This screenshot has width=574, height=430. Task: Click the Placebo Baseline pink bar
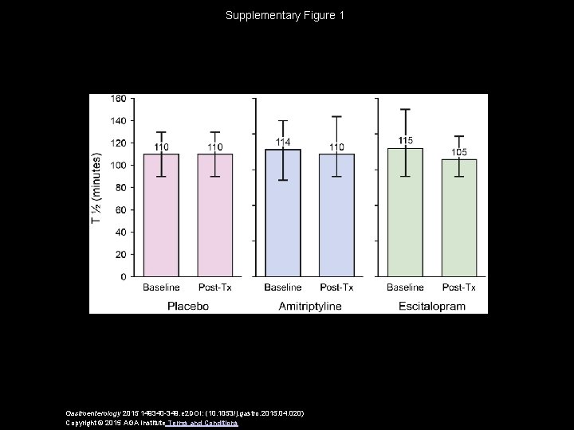tap(161, 215)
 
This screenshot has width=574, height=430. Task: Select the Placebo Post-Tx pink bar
tap(215, 215)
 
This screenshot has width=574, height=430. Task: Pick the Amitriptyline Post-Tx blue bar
tap(336, 215)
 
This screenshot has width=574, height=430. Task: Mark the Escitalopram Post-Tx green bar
tap(459, 218)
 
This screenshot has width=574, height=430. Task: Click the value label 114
tap(283, 142)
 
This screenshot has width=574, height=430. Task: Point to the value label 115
tap(406, 140)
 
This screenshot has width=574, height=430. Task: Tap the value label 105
tap(459, 152)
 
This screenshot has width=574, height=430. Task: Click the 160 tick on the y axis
tap(118, 99)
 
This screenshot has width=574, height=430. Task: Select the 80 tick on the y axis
tap(120, 188)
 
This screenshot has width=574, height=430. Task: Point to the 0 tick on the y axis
tap(123, 277)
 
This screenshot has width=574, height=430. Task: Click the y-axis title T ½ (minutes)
tap(97, 187)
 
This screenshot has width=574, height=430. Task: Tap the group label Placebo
tap(188, 305)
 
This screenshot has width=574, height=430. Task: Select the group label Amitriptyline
tap(309, 305)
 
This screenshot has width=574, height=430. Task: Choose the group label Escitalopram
tap(432, 305)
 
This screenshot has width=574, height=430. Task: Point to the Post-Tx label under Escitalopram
tap(459, 287)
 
